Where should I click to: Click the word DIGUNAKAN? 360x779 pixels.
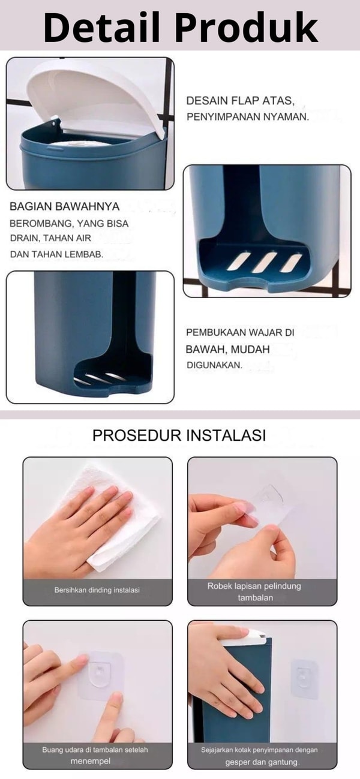point(214,365)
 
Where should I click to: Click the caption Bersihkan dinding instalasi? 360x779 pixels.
point(97,590)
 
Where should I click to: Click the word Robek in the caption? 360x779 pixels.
point(218,586)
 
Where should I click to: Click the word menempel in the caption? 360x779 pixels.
point(91,761)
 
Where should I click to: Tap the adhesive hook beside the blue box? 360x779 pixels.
point(305,678)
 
